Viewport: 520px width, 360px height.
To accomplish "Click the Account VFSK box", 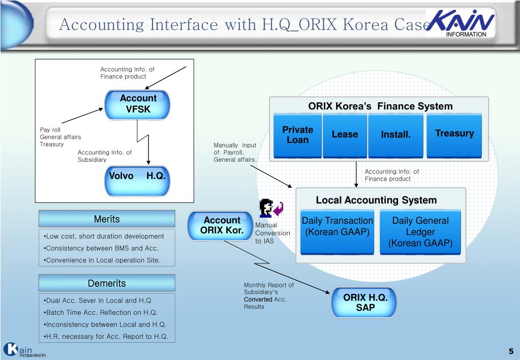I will click(138, 104).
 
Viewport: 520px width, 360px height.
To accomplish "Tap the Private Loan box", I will click(297, 135).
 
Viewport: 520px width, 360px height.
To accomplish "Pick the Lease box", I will click(345, 135).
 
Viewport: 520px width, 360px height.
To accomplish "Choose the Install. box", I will click(395, 135).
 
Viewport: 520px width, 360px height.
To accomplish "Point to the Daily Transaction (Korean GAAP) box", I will click(338, 231).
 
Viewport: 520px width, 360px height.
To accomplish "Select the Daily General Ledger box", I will click(420, 232).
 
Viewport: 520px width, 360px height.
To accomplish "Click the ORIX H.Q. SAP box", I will click(364, 303).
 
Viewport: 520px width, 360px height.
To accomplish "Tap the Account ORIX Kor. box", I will click(221, 225).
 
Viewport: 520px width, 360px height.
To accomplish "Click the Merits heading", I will click(107, 219).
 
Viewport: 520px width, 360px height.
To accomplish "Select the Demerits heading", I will click(107, 283).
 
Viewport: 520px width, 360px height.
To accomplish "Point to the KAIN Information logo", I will click(461, 23).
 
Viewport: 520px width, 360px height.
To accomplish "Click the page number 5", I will click(511, 351).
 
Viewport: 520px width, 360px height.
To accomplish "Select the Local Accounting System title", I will click(376, 200).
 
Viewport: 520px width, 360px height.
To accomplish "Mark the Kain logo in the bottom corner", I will click(20, 350).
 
